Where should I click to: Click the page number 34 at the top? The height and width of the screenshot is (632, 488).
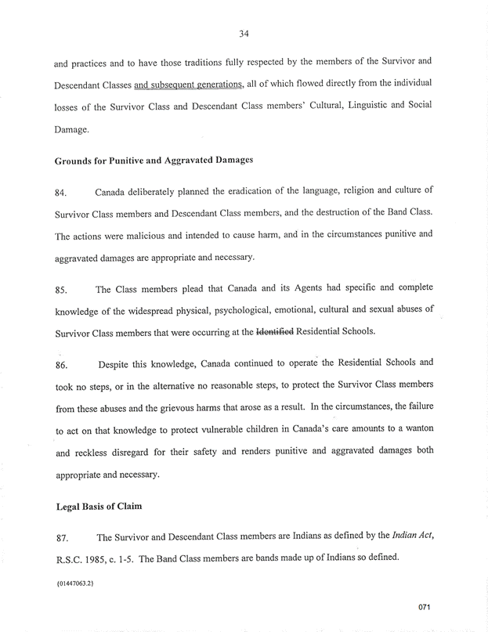coord(244,32)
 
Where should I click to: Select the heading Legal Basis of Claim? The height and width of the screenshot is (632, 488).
coord(98,506)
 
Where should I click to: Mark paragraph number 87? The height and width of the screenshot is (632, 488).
coord(62,538)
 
